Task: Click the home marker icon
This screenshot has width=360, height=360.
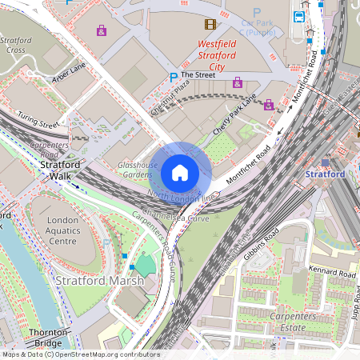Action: [x=180, y=172]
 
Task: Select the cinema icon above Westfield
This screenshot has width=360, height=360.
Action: [x=210, y=24]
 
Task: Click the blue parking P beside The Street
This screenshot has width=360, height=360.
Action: [x=173, y=77]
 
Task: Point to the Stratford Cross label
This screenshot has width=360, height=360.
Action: [x=16, y=45]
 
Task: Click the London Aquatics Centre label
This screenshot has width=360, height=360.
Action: [x=67, y=231]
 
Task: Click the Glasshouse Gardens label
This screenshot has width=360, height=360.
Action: [x=134, y=169]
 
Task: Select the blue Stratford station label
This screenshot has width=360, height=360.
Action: [x=325, y=174]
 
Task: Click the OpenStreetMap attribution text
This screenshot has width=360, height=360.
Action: [x=80, y=354]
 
